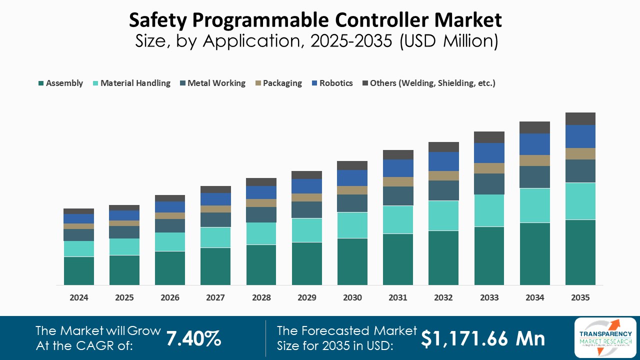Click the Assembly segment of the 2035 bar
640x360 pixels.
coord(580,252)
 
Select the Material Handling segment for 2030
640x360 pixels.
coord(352,225)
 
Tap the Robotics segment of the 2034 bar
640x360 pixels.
coord(535,144)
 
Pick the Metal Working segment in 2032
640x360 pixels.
coord(443,190)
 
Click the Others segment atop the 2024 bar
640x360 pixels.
coord(79,211)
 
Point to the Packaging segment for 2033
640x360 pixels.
coord(489,168)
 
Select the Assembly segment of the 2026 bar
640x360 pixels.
coord(170,268)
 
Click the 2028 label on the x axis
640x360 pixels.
coord(261,297)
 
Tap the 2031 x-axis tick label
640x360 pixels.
coord(398,297)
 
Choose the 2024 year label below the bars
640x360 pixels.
coord(79,297)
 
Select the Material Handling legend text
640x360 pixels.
coord(135,83)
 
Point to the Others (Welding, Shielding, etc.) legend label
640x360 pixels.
coord(432,83)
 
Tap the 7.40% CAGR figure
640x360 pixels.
coord(193,338)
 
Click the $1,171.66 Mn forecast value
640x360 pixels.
coord(482,338)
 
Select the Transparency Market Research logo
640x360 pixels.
coord(605,337)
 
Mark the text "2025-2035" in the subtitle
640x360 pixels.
coord(351,41)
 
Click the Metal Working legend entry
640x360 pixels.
coord(216,83)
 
